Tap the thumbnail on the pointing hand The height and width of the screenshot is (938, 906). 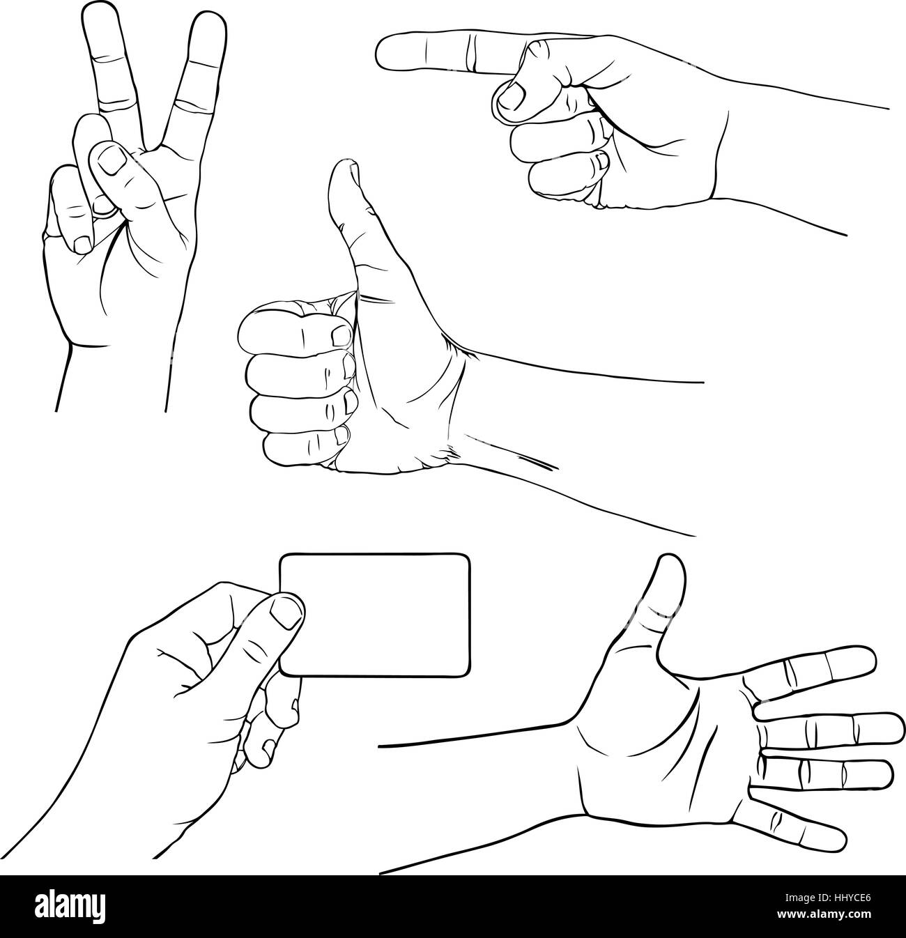point(512,95)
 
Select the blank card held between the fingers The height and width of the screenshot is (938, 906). point(375,614)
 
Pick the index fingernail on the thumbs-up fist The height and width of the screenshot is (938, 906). point(341,335)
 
